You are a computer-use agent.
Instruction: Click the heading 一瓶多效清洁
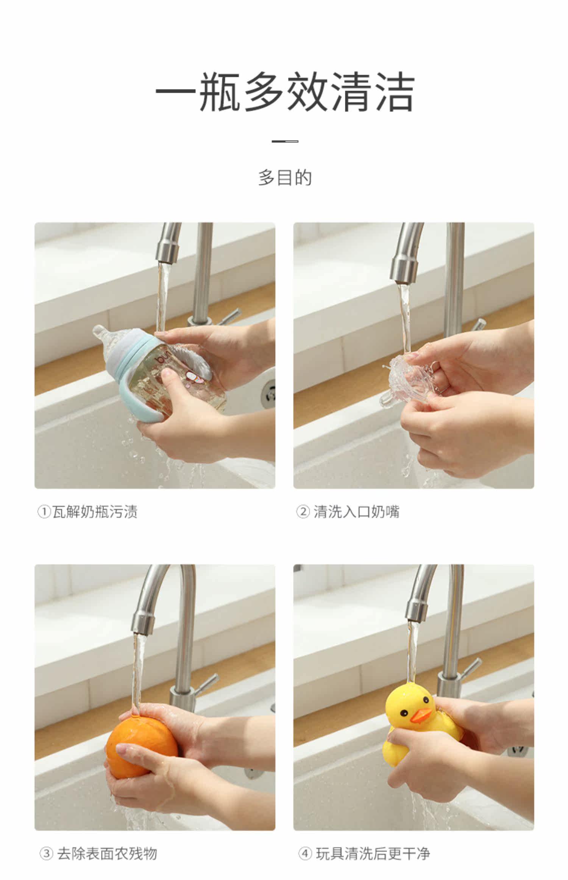(285, 92)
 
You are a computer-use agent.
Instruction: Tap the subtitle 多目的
(285, 178)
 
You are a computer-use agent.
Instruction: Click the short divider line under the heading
(285, 141)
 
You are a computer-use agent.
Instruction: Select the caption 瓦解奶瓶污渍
(95, 512)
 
